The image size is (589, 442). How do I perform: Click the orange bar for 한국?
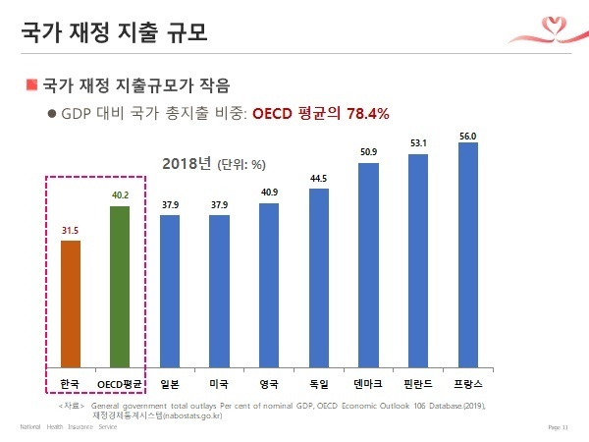coord(71,302)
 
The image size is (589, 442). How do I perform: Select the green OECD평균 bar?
coord(120,285)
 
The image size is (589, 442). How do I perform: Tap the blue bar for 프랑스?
coord(467,252)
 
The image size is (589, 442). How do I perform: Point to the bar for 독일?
coord(318,276)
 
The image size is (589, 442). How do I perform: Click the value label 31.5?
coord(70,231)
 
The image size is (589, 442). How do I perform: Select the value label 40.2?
coord(120,195)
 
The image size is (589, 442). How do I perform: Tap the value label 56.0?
coord(467,134)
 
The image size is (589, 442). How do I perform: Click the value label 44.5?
coord(318,179)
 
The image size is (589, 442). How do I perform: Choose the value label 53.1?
coord(418,144)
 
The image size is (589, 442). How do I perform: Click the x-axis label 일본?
coord(170,381)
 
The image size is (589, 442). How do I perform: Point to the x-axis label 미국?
coord(219,381)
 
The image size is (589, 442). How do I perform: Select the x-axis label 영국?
coord(269,381)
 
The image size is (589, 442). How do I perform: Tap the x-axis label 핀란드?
coord(418,381)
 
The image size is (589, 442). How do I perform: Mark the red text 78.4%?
coord(364,113)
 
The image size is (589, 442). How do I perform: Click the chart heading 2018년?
coord(187,163)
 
